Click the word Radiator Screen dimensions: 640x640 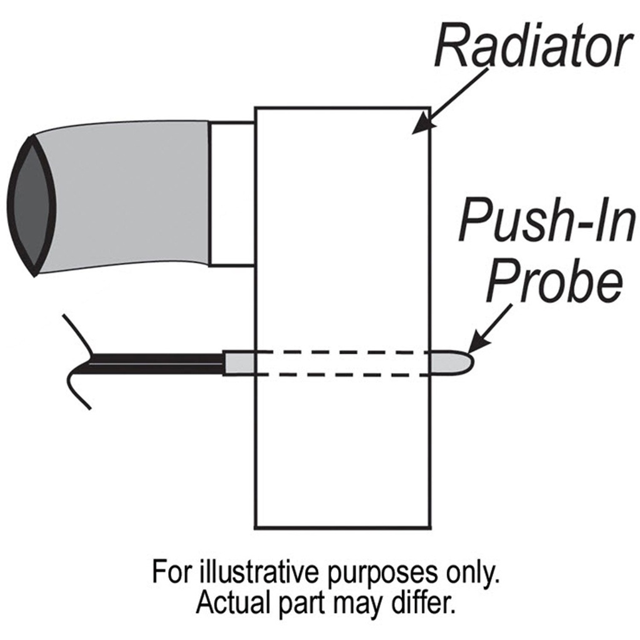[x=532, y=46]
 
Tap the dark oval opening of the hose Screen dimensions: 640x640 [x=31, y=206]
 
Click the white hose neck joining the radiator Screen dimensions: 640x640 [x=232, y=194]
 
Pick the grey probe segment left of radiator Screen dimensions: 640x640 [x=239, y=362]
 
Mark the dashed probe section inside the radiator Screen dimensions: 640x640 [x=342, y=363]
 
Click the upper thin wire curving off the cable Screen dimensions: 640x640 [x=77, y=332]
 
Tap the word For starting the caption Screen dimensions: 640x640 [x=171, y=572]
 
